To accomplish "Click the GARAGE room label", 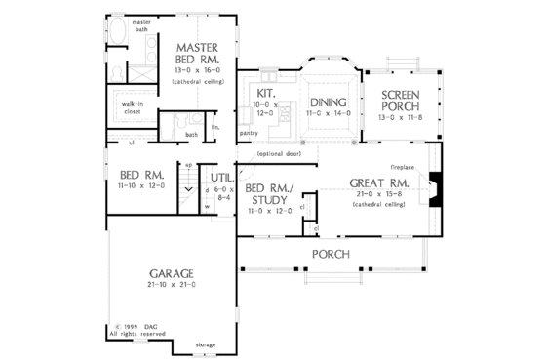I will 171,273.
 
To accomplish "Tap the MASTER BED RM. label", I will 198,54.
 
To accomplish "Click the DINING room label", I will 328,102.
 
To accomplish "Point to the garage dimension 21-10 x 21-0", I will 171,285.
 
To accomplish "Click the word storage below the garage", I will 204,344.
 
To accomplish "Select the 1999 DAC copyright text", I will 138,326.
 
